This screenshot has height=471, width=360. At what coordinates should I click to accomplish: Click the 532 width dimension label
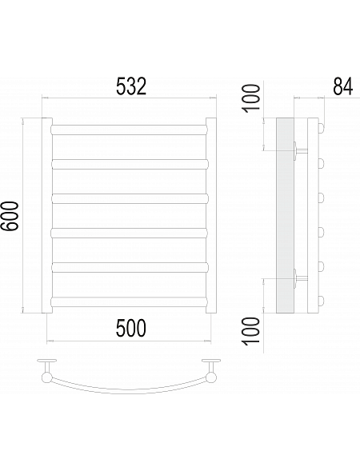pyautogui.click(x=131, y=86)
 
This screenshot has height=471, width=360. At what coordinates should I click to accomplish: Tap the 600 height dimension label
pyautogui.click(x=10, y=216)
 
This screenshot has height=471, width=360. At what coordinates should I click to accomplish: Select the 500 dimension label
pyautogui.click(x=131, y=328)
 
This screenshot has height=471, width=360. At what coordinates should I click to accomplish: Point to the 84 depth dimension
pyautogui.click(x=342, y=86)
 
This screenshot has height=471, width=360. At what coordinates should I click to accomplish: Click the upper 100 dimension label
pyautogui.click(x=251, y=98)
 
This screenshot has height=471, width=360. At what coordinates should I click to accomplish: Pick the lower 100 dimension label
pyautogui.click(x=251, y=331)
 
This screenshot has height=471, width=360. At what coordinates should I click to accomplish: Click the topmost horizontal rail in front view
pyautogui.click(x=130, y=130)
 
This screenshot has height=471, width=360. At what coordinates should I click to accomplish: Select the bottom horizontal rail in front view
pyautogui.click(x=130, y=302)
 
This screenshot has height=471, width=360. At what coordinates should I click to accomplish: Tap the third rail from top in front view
pyautogui.click(x=130, y=198)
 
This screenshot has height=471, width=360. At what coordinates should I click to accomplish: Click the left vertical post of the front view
pyautogui.click(x=47, y=215)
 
